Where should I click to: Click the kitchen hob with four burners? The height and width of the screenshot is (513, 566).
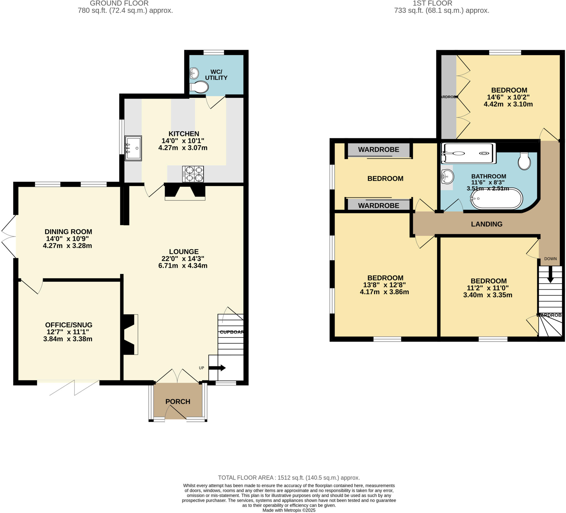(193, 174)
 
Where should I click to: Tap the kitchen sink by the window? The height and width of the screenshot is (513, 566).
(133, 148)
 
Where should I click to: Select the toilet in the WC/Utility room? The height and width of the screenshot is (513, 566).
(199, 87)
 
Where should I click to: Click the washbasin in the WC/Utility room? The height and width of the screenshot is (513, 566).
(194, 73)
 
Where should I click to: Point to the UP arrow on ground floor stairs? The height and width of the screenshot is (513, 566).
(217, 368)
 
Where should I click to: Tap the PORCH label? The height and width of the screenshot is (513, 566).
(178, 402)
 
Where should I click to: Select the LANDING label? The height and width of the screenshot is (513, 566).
(487, 224)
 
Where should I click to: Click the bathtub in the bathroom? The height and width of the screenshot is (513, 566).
(496, 198)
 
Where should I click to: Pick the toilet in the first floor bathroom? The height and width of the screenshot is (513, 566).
(524, 161)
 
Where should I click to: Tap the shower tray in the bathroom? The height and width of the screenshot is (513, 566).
(468, 153)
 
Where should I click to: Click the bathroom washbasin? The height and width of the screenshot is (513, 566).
(447, 177)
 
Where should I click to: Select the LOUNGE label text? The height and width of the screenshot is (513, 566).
(184, 251)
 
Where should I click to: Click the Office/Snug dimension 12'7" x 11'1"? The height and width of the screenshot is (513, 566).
(68, 332)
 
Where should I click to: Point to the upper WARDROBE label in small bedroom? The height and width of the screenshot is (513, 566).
(378, 149)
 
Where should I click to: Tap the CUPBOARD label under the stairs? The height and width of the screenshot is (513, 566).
(231, 332)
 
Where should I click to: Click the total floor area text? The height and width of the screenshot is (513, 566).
(289, 478)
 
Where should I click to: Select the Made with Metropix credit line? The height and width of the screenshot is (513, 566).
(289, 510)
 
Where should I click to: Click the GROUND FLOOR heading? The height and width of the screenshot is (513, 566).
(119, 3)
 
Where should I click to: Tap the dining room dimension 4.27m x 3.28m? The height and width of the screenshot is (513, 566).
(67, 246)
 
